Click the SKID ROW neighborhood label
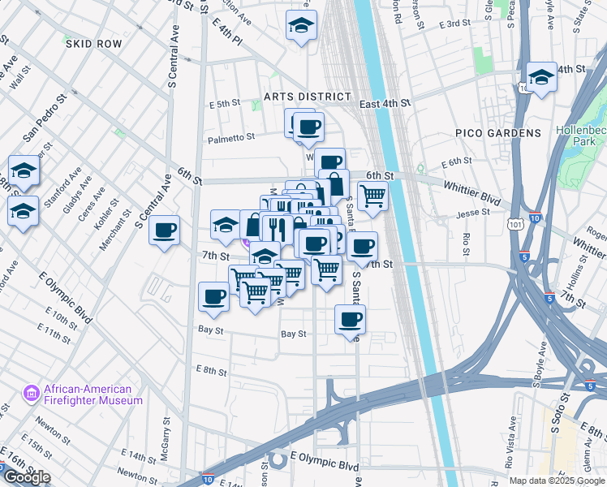[x=93, y=43]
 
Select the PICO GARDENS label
[x=509, y=132]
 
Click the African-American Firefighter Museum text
[x=93, y=394]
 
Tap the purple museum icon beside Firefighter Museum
[x=33, y=394]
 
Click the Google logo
[x=26, y=477]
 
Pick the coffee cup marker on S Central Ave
[x=165, y=231]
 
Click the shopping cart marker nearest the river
[x=372, y=196]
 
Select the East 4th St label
[x=385, y=104]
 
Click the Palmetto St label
[x=231, y=138]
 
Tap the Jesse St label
[x=473, y=213]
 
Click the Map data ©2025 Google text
[x=557, y=481]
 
